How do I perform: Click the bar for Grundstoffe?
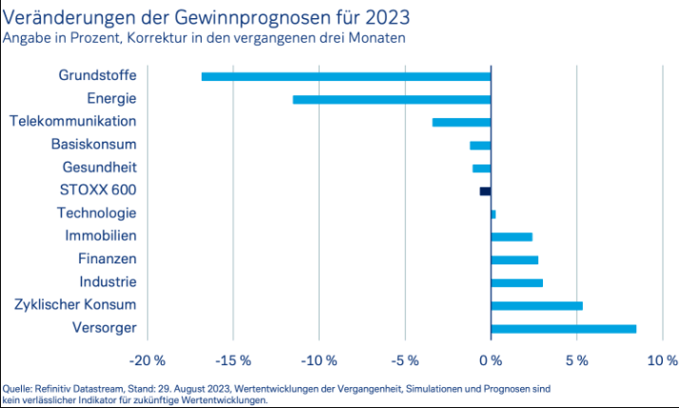tap(346, 76)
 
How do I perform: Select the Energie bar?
tap(392, 99)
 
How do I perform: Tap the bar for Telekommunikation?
tap(461, 122)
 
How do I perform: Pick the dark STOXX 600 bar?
tap(485, 191)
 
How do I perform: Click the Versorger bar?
tap(563, 329)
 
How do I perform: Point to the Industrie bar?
tap(516, 282)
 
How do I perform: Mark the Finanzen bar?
tap(514, 260)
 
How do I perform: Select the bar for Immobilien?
tap(512, 237)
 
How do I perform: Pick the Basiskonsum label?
tap(94, 145)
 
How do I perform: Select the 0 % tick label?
tap(491, 361)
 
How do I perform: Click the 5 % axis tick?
tap(576, 361)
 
